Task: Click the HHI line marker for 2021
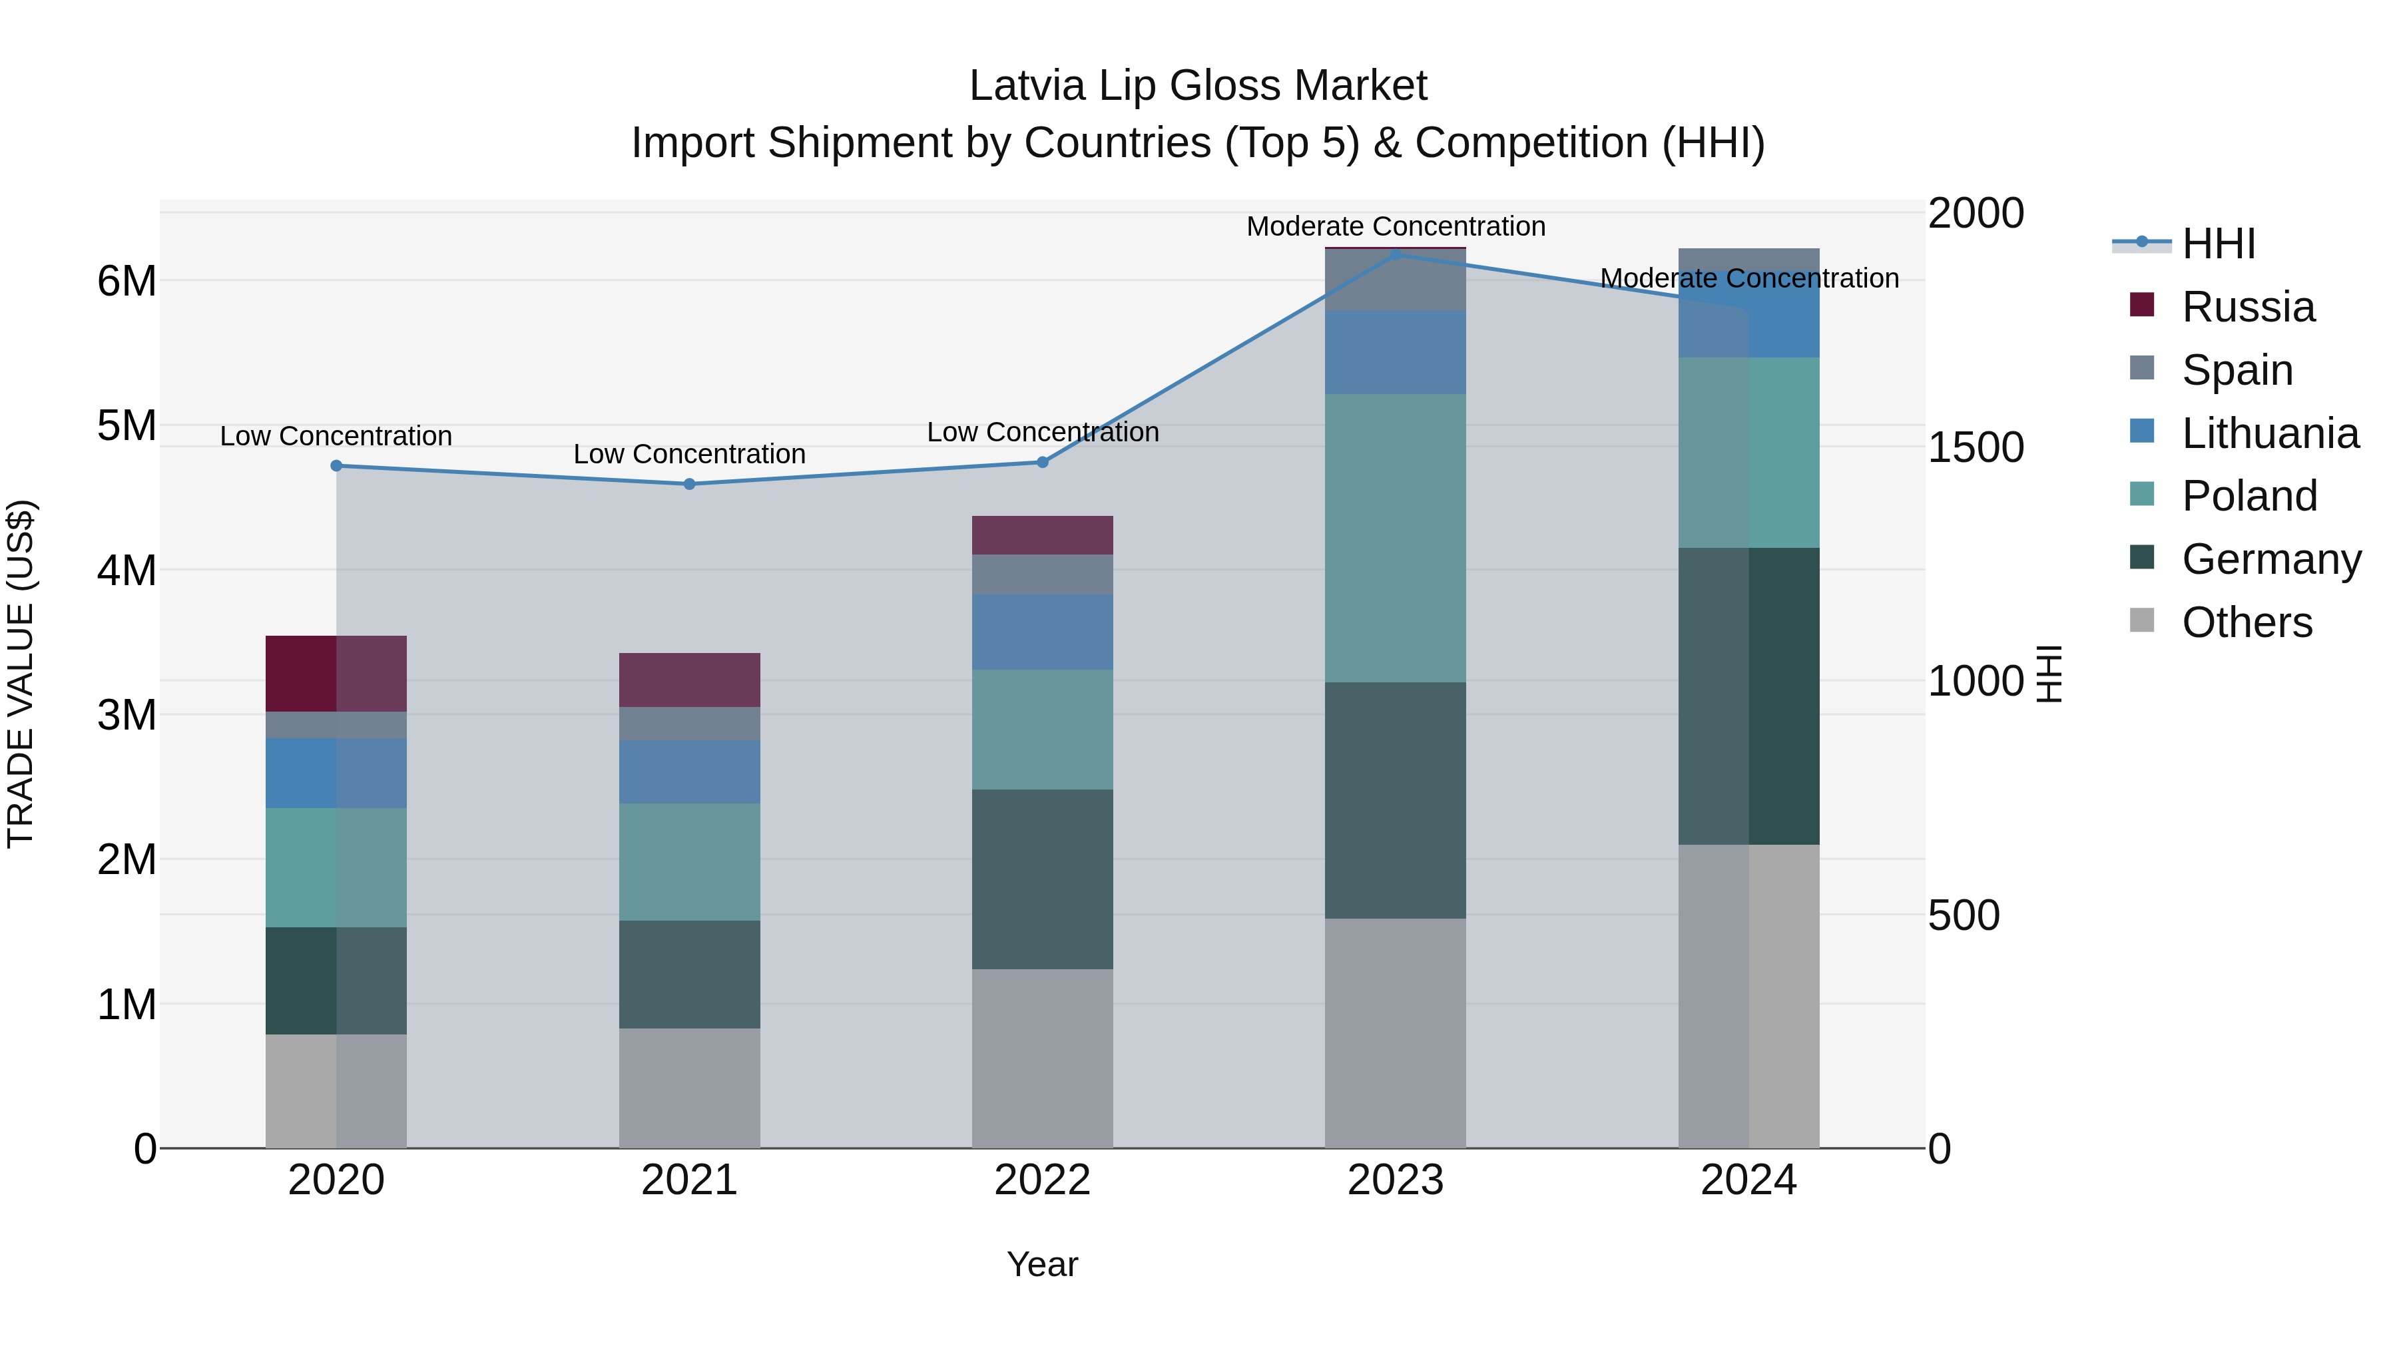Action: tap(690, 484)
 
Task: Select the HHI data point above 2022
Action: tap(1042, 463)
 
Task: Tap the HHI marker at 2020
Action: tap(337, 466)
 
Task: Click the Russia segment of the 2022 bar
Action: tap(1042, 535)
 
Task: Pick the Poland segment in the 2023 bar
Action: tap(1395, 538)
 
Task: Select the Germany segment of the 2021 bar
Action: tap(690, 974)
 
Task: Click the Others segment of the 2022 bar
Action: tap(1042, 1058)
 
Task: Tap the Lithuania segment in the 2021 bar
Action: tap(690, 772)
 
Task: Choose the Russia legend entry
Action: tap(2247, 307)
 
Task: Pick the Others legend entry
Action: tap(2247, 622)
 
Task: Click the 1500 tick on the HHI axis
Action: tap(1975, 447)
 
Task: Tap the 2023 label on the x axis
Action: tap(1395, 1180)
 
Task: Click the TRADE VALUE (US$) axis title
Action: tap(21, 674)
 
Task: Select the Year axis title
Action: tap(1042, 1264)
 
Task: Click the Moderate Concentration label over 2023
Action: tap(1395, 226)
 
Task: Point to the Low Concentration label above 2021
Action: tap(690, 454)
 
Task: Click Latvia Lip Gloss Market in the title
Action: tap(1198, 86)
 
